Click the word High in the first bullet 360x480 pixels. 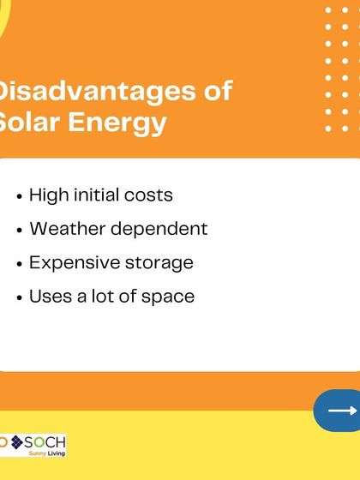[47, 195]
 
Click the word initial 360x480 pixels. [95, 195]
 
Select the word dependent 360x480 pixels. [157, 230]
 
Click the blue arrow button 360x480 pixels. [339, 411]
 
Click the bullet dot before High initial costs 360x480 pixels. [20, 196]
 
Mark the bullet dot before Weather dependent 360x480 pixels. [20, 231]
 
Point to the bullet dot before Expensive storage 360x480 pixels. [20, 264]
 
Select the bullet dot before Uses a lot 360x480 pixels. [20, 297]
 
